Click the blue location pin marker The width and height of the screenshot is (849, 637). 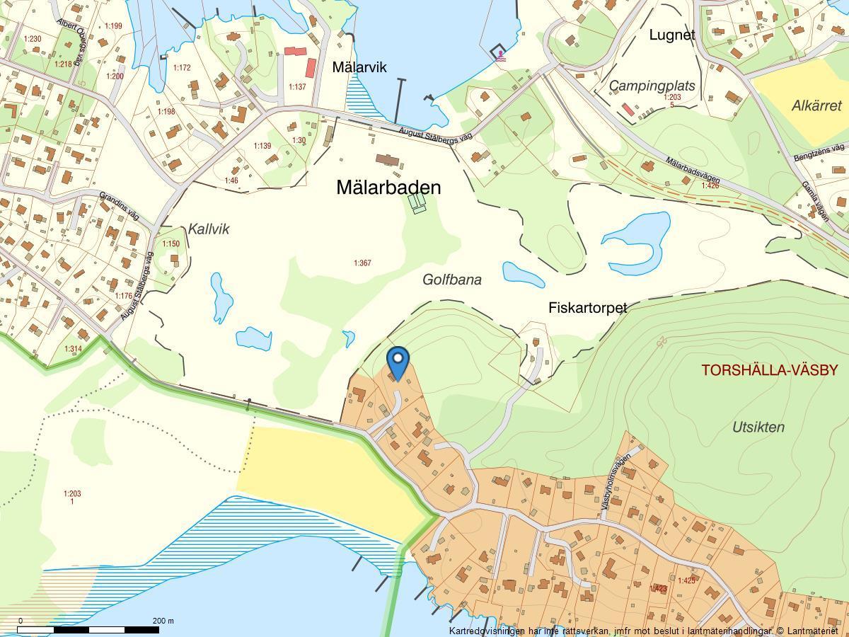[398, 360]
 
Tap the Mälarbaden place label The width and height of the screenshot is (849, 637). [388, 188]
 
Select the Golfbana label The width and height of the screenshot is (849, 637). [451, 280]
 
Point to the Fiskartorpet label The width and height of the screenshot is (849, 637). [587, 308]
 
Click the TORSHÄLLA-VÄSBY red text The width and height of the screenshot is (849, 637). [769, 369]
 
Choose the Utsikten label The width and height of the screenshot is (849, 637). [758, 427]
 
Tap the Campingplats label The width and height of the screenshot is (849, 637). [652, 86]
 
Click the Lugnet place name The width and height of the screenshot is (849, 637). [672, 35]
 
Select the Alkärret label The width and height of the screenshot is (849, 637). [816, 105]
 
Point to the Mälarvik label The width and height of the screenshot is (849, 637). [359, 67]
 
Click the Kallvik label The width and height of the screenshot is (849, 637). [209, 229]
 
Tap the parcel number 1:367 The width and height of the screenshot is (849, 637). [362, 263]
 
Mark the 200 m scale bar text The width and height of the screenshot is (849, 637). [163, 621]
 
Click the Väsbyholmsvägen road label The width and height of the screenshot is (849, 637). [616, 481]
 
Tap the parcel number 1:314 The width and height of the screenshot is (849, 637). [73, 349]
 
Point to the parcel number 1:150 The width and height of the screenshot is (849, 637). [171, 244]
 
